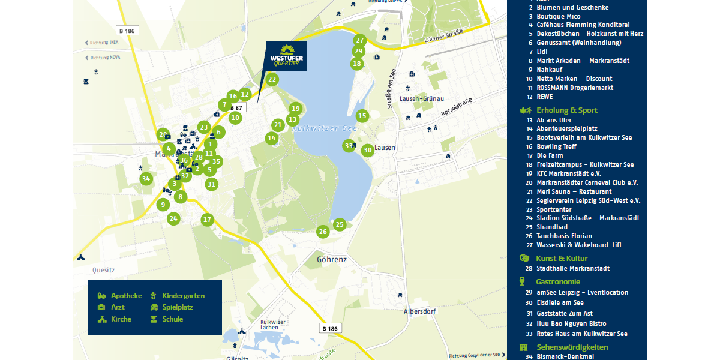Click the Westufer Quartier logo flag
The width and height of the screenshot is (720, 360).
[x=286, y=56]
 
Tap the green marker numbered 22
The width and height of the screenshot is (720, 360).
[x=272, y=79]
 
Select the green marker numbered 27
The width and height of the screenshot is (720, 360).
[x=359, y=41]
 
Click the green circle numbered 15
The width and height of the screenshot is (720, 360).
[x=362, y=116]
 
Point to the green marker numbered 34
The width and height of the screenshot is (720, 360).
[x=146, y=179]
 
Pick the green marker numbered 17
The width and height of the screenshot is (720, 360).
[x=208, y=220]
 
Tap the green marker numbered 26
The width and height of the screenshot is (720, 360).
[x=323, y=232]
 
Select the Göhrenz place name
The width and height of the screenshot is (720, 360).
[x=332, y=260]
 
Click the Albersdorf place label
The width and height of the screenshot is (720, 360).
[x=419, y=311]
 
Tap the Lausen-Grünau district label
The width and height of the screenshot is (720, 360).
[x=421, y=98]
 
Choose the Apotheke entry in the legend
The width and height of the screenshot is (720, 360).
[x=126, y=296]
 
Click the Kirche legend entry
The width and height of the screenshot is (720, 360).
[x=121, y=319]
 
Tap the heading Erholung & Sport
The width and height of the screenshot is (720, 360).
[x=566, y=110]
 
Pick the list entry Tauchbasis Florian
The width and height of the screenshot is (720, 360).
[x=564, y=236]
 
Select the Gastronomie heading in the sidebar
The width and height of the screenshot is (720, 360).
[x=557, y=281]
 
